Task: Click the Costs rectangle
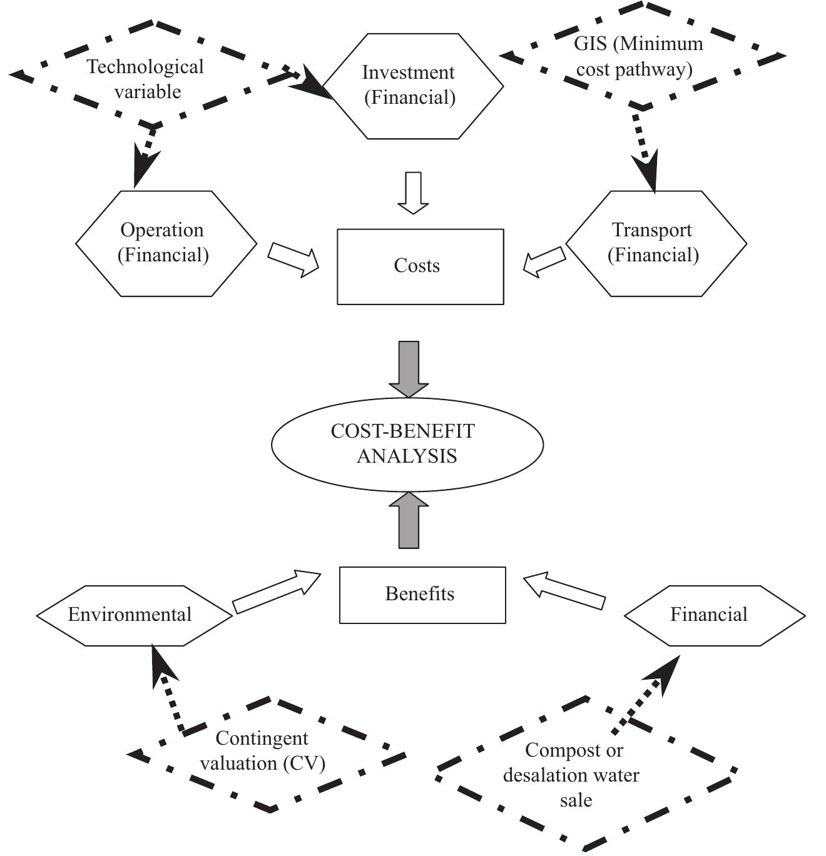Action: pos(420,266)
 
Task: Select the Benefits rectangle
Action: pos(422,595)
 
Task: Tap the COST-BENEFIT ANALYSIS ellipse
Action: pos(407,444)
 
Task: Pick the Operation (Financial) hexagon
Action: pos(166,243)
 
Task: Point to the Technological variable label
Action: pos(146,79)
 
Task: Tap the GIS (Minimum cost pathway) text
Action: pos(637,56)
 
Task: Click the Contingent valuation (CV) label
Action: pos(262,751)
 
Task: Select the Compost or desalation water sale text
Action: pos(572,775)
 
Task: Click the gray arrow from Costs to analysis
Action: pos(409,368)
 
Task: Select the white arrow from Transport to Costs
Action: pos(544,261)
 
